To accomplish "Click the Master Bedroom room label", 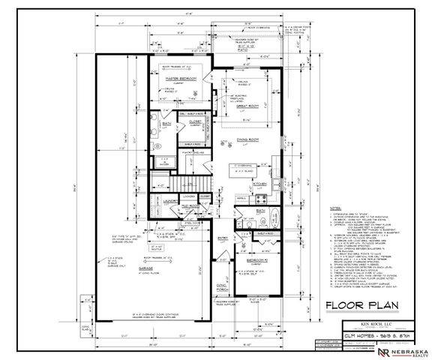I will [x=178, y=78].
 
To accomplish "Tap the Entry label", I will [x=223, y=238].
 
